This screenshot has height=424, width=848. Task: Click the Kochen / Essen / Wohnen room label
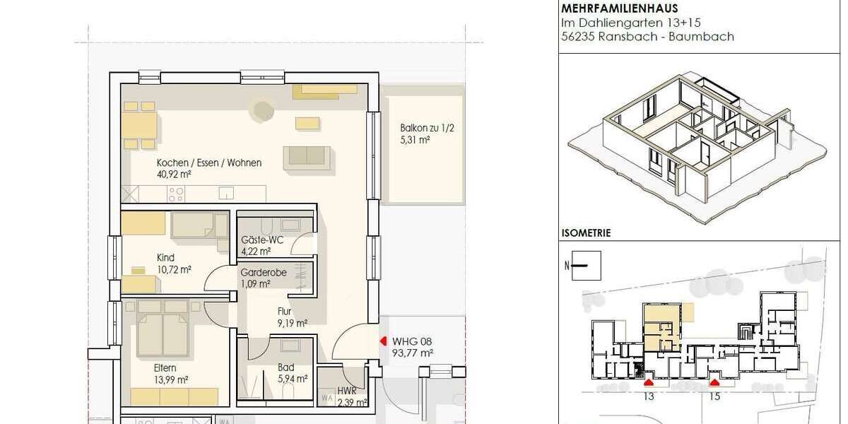209,163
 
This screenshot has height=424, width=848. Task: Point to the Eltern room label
165,367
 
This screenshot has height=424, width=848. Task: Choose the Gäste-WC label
261,240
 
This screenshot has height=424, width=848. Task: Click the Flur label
285,310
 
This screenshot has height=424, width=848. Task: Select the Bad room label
285,367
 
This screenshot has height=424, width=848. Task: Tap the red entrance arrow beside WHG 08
383,341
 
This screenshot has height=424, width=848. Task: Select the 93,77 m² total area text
413,353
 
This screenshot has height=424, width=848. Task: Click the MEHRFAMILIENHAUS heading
618,9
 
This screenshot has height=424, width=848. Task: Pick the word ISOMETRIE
586,232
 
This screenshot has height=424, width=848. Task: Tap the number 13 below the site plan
649,397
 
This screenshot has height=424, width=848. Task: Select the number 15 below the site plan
714,397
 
